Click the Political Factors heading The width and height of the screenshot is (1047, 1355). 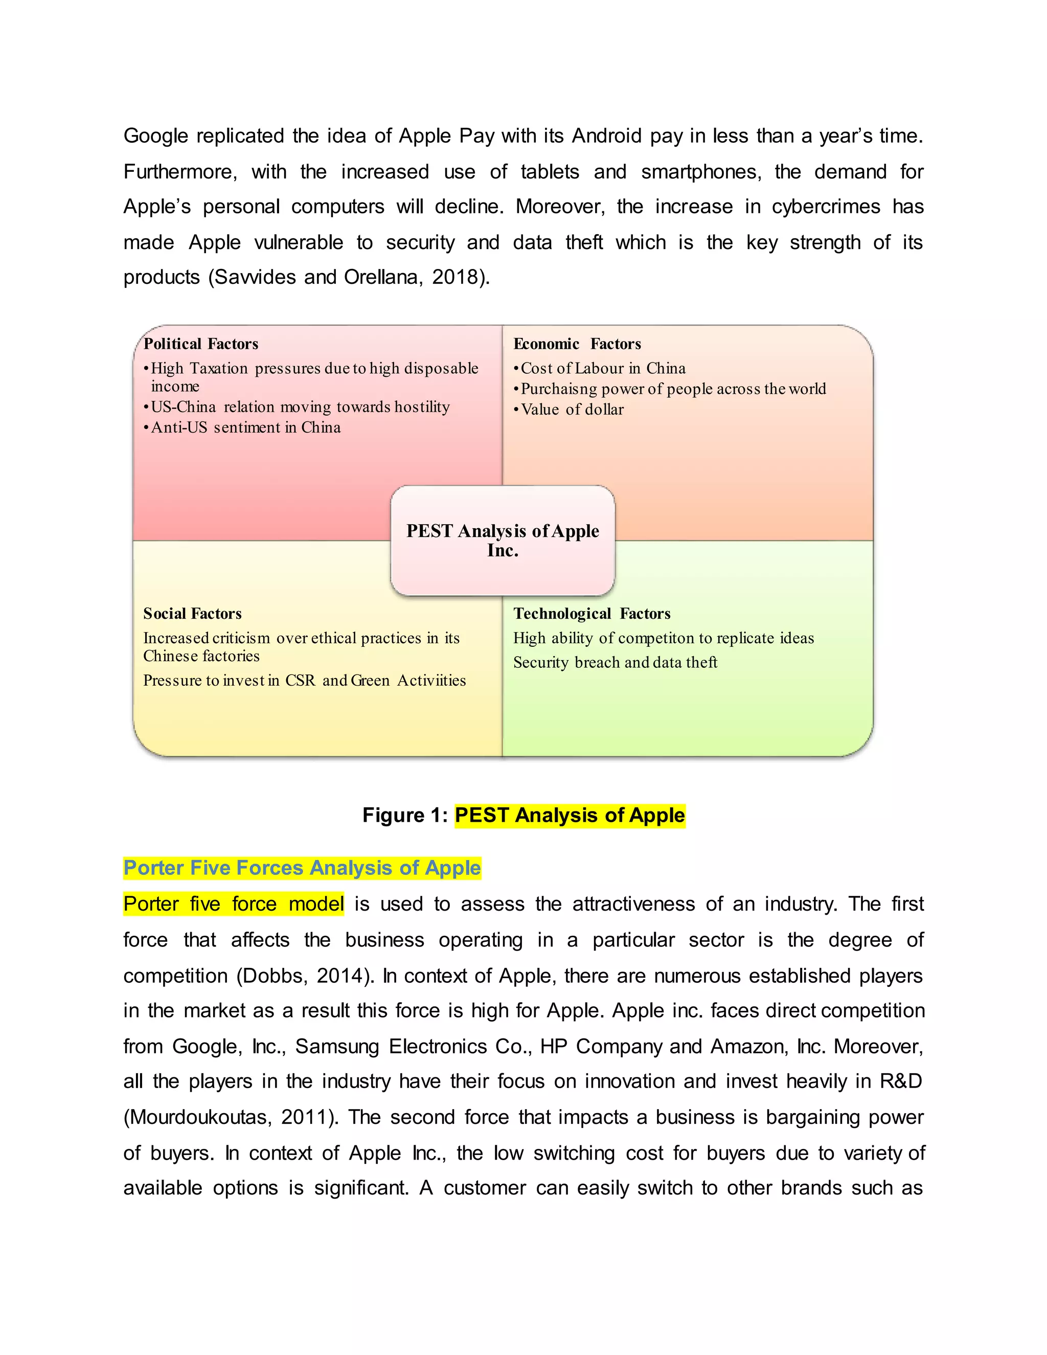(x=200, y=344)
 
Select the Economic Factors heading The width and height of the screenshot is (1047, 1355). (x=576, y=344)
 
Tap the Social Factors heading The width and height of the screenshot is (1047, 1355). (x=192, y=614)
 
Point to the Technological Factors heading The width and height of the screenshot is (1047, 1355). (x=591, y=614)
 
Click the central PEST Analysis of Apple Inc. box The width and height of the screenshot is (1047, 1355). (x=503, y=540)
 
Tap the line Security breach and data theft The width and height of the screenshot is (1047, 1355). (x=614, y=663)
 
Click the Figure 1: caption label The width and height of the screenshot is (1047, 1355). (x=404, y=815)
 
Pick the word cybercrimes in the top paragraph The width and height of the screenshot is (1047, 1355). (x=826, y=207)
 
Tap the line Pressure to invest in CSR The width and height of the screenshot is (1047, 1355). (x=304, y=681)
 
